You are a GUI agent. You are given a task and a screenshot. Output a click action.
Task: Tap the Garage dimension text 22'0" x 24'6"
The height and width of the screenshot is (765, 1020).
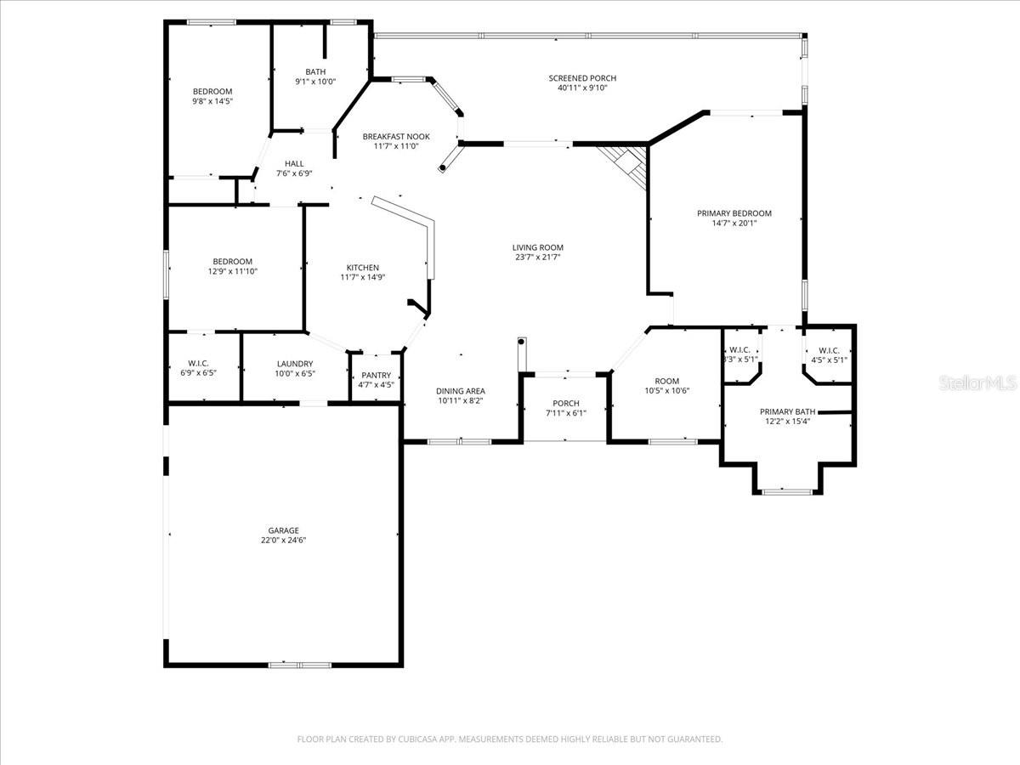point(283,541)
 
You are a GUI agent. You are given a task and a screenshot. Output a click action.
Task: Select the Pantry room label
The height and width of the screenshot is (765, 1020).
point(376,375)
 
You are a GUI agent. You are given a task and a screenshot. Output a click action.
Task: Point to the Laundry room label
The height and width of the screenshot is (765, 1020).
point(294,364)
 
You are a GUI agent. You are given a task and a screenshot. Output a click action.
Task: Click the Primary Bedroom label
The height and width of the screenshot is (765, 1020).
point(734,213)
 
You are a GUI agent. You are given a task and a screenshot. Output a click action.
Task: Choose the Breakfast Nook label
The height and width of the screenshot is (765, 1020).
point(395,137)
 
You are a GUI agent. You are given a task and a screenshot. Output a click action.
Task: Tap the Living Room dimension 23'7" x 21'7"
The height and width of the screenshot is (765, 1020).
point(537,258)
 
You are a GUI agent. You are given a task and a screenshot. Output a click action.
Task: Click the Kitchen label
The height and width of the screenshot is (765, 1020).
point(362,268)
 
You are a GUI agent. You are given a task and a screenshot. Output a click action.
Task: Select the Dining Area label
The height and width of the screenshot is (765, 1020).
point(460,391)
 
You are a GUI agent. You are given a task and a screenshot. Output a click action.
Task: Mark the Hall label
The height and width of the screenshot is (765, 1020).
point(294,164)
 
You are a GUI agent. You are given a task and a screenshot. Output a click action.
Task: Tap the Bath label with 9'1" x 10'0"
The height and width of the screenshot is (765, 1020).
point(315,72)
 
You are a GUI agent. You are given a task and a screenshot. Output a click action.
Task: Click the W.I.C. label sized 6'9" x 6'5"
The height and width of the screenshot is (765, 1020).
point(200,364)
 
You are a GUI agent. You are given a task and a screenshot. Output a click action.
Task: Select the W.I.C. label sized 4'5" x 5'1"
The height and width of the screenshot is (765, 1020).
point(828,350)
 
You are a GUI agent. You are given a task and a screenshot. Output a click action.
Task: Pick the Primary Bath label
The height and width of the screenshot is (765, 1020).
point(787,411)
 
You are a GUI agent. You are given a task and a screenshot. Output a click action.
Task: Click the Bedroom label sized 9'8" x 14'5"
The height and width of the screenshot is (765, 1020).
point(212,92)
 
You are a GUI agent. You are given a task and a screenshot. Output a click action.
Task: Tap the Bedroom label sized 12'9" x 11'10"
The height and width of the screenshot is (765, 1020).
point(232,262)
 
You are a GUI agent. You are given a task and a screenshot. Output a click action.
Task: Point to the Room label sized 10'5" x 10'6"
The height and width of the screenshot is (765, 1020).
point(666,382)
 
